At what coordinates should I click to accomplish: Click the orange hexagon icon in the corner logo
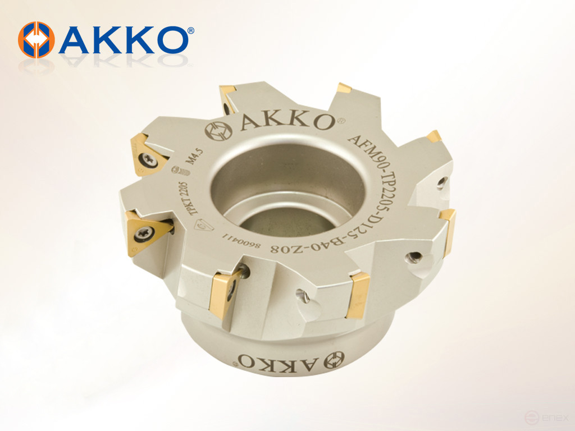(x=36, y=40)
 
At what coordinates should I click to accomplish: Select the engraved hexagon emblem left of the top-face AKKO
(x=219, y=131)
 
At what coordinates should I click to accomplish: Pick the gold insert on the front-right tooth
(x=357, y=294)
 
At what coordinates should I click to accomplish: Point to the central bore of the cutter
(x=286, y=191)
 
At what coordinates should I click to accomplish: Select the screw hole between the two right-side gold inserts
(x=414, y=256)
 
